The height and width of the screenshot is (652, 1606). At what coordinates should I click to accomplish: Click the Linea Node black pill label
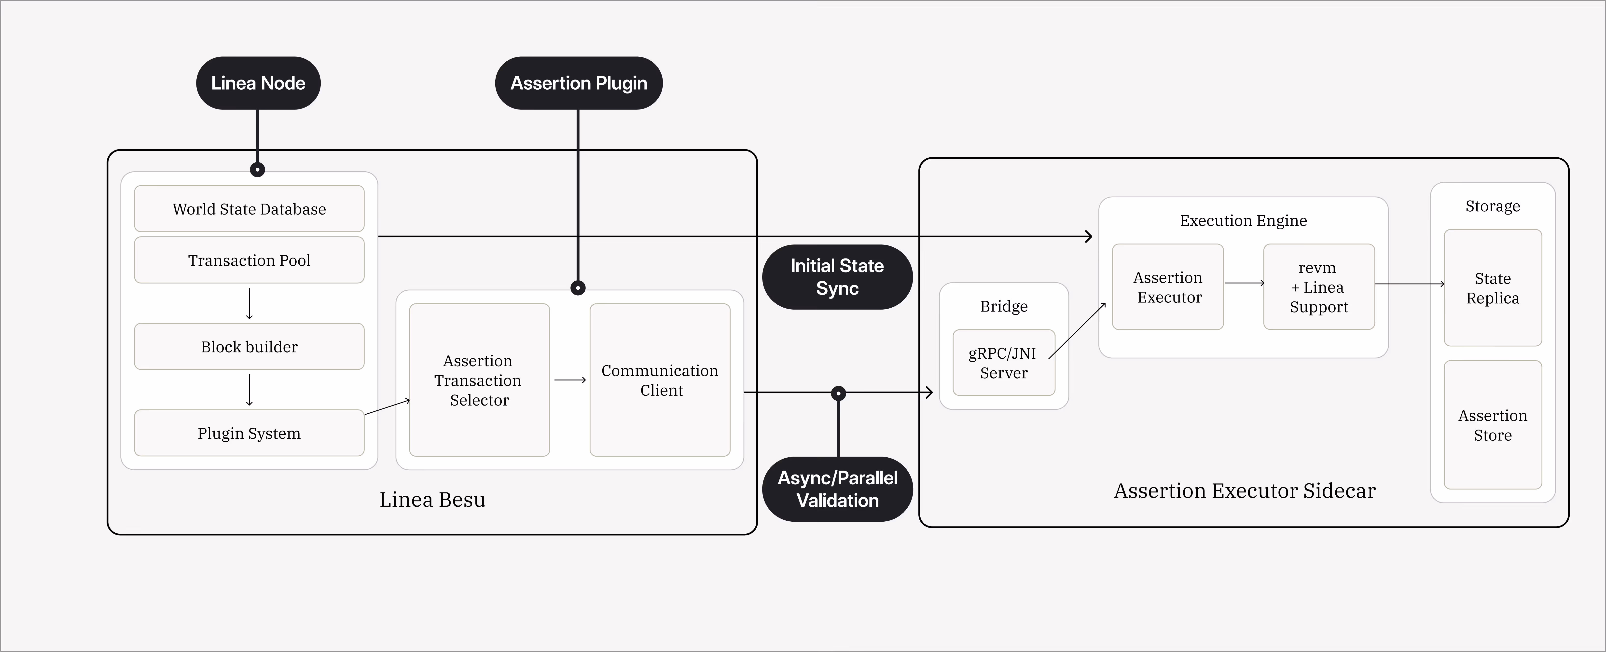pyautogui.click(x=258, y=83)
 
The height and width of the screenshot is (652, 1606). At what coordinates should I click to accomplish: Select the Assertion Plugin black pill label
pyautogui.click(x=579, y=83)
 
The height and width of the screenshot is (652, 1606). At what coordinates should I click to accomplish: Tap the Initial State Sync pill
pyautogui.click(x=837, y=277)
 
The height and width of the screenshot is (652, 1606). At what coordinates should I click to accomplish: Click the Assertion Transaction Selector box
pyautogui.click(x=479, y=380)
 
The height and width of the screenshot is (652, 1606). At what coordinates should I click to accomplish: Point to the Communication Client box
pyautogui.click(x=660, y=380)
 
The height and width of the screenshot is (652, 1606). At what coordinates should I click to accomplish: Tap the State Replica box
pyautogui.click(x=1493, y=288)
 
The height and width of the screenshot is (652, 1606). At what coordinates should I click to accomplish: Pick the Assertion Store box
pyautogui.click(x=1493, y=425)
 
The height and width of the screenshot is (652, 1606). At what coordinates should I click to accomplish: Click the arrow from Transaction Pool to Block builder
pyautogui.click(x=249, y=304)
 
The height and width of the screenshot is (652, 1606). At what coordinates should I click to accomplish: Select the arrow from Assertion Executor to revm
pyautogui.click(x=1244, y=283)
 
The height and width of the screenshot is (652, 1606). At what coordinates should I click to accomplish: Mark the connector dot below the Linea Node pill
pyautogui.click(x=258, y=170)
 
